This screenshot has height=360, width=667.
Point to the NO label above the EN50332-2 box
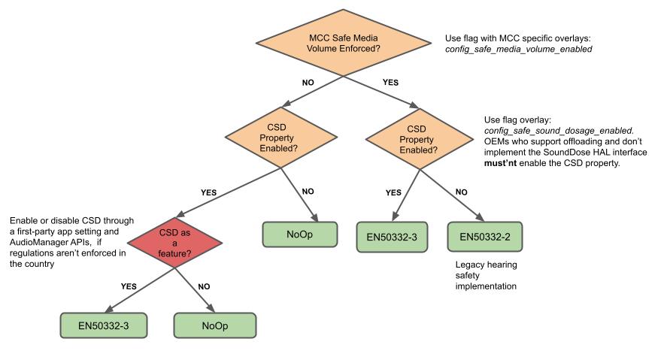point(461,192)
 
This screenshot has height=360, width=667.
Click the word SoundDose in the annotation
point(558,152)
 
